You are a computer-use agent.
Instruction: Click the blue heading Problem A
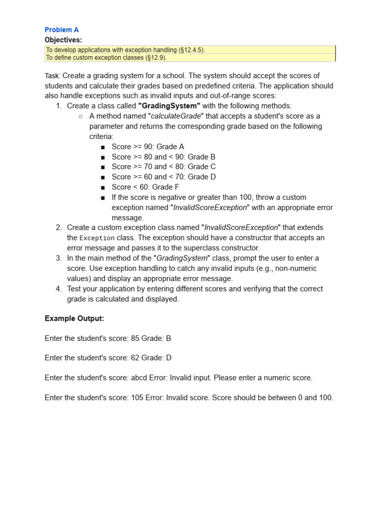61,30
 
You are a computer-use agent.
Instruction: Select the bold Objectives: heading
63,40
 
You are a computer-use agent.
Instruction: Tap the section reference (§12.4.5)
190,50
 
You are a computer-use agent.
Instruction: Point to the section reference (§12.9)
156,57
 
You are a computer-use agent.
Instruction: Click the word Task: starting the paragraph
52,76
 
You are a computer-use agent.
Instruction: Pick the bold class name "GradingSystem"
169,106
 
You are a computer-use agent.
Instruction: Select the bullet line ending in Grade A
147,147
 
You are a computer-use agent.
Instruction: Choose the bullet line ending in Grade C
163,167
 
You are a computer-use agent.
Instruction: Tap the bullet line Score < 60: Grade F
145,187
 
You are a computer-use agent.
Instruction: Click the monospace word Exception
97,238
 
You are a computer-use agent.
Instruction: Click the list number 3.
58,258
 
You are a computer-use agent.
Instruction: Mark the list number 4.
58,289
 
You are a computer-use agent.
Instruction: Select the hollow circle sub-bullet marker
81,116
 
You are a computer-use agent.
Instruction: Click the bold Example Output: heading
74,319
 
